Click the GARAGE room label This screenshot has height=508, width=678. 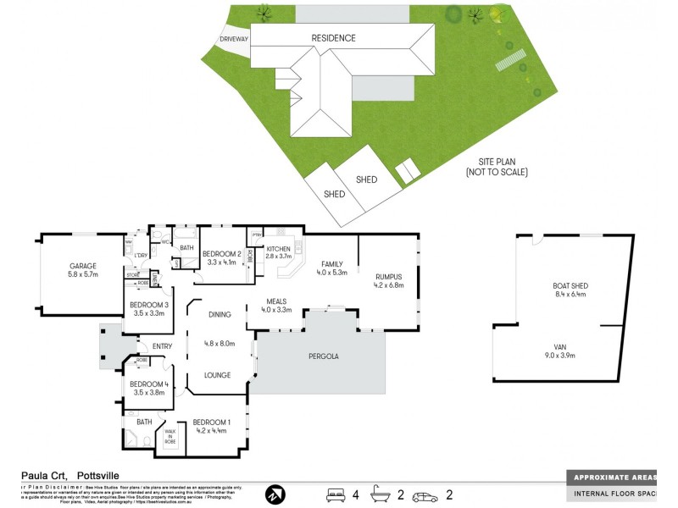84,266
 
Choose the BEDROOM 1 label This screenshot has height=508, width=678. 211,422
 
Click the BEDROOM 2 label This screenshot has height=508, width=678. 223,253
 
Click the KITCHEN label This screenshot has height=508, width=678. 279,249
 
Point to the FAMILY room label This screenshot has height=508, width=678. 332,264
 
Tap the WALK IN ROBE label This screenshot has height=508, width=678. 170,435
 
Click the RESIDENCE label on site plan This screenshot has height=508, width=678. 333,38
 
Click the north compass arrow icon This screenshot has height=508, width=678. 275,494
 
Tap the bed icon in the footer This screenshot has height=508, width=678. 336,494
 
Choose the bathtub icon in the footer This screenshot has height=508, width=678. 381,494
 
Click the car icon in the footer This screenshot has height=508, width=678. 424,494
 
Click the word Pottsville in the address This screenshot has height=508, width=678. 101,476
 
